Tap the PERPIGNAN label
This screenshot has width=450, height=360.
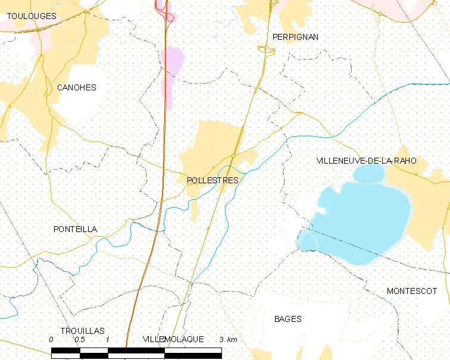295,37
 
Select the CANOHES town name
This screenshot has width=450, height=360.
76,87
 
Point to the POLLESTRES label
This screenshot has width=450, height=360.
212,180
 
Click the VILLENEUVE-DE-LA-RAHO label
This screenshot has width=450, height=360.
366,161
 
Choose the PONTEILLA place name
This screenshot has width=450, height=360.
75,229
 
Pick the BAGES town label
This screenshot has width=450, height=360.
287,319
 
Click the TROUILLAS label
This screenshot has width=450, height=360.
82,330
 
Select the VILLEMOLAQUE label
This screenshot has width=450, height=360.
173,339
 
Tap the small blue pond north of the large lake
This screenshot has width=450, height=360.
369,174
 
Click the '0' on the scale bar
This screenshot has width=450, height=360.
52,339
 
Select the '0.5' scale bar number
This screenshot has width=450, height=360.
79,339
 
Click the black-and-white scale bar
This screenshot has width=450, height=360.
136,352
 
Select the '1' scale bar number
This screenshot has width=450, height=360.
108,339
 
